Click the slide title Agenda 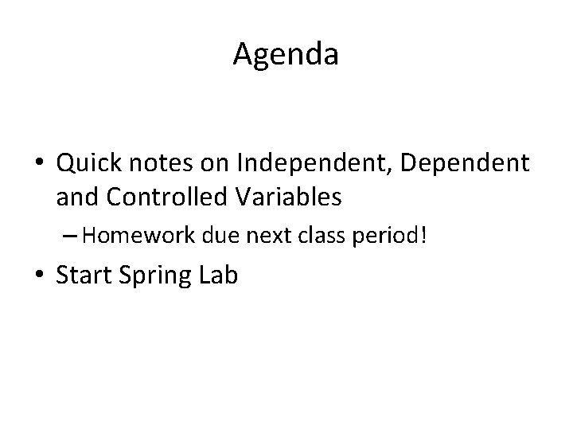tap(286, 54)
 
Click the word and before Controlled tap(78, 197)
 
